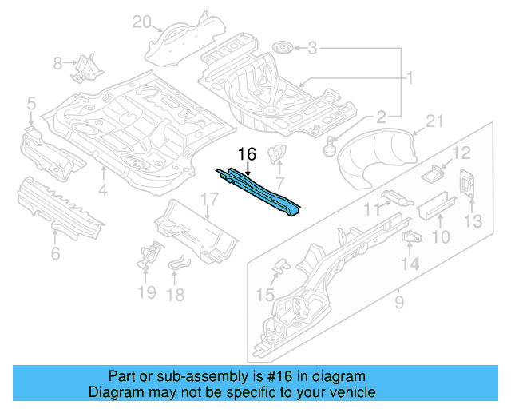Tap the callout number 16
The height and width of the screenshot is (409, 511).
tap(247, 154)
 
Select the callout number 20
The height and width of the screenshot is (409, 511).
tap(141, 22)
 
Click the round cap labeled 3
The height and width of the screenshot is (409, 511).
tap(281, 49)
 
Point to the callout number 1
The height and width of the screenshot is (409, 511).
tap(410, 78)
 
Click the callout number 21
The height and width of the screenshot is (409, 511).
tap(434, 121)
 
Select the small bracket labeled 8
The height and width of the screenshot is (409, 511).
tap(83, 67)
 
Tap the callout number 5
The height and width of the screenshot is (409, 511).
tap(31, 102)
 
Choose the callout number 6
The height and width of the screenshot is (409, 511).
tap(54, 254)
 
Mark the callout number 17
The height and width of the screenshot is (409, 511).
tap(208, 200)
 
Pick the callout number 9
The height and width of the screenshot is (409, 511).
tap(398, 303)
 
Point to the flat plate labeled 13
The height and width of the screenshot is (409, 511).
tap(466, 184)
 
